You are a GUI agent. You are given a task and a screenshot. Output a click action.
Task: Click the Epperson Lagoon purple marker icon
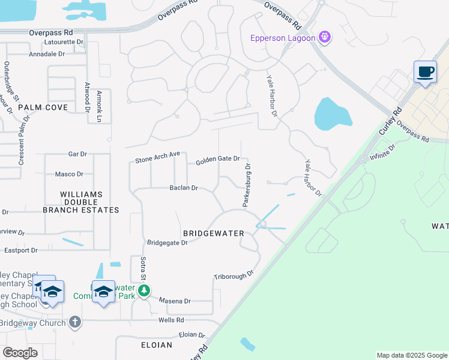(x=325, y=37)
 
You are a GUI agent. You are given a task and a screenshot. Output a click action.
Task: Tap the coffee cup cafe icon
(x=426, y=73)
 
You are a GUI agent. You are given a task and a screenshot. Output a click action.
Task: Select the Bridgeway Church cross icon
(x=74, y=322)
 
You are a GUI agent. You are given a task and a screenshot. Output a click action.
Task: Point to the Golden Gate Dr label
(x=218, y=160)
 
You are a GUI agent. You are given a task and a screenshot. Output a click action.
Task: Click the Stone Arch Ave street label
(x=157, y=157)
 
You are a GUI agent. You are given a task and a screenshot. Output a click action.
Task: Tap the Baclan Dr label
(x=184, y=188)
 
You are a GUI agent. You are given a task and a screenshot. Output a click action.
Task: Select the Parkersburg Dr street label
(x=247, y=185)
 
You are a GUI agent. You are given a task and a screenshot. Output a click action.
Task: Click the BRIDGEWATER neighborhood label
(x=213, y=233)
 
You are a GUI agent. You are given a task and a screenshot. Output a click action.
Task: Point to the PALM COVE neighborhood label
(x=43, y=107)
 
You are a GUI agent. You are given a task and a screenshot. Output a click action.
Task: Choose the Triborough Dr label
(x=234, y=275)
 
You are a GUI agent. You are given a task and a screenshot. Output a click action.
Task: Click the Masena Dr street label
(x=175, y=301)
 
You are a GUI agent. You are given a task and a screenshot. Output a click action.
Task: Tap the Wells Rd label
(x=171, y=320)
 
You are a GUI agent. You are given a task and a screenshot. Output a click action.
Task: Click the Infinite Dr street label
(x=382, y=151)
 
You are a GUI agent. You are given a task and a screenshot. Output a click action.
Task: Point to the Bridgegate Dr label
(x=167, y=242)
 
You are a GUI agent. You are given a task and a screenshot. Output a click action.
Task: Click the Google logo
(x=20, y=353)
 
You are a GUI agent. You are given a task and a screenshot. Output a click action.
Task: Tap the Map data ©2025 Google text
(x=411, y=355)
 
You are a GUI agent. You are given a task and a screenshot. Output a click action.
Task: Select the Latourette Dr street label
(x=62, y=42)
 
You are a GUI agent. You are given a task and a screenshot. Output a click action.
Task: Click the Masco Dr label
(x=69, y=174)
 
